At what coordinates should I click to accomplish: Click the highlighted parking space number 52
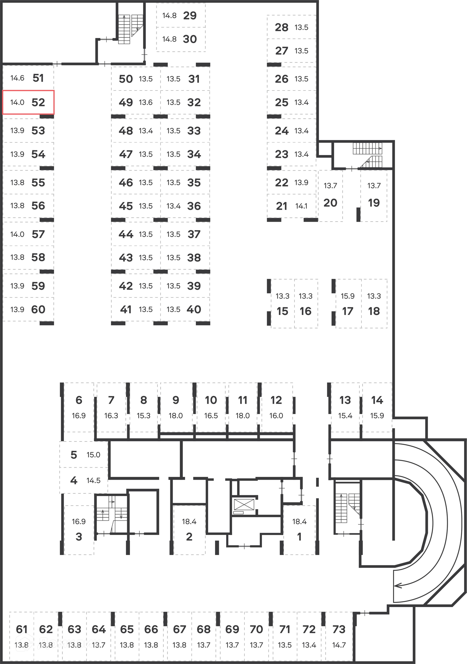pyautogui.click(x=38, y=102)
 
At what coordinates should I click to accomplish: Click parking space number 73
pyautogui.click(x=339, y=629)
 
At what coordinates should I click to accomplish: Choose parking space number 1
pyautogui.click(x=299, y=537)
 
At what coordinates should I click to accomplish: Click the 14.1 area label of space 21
pyautogui.click(x=301, y=206)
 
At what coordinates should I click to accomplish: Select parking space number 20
pyautogui.click(x=330, y=203)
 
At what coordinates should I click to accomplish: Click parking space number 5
pyautogui.click(x=74, y=455)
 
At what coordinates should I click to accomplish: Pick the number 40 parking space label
pyautogui.click(x=194, y=309)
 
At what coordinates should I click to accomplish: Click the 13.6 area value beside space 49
pyautogui.click(x=146, y=102)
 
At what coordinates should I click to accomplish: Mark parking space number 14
pyautogui.click(x=377, y=400)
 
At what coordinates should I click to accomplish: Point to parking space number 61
pyautogui.click(x=22, y=629)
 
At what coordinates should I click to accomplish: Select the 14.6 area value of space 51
pyautogui.click(x=17, y=78)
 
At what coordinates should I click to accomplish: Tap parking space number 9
pyautogui.click(x=176, y=400)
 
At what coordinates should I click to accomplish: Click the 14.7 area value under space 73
pyautogui.click(x=339, y=645)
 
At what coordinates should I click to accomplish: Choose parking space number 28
pyautogui.click(x=281, y=28)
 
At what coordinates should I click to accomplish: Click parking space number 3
pyautogui.click(x=79, y=537)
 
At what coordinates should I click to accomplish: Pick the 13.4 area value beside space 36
pyautogui.click(x=173, y=206)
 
